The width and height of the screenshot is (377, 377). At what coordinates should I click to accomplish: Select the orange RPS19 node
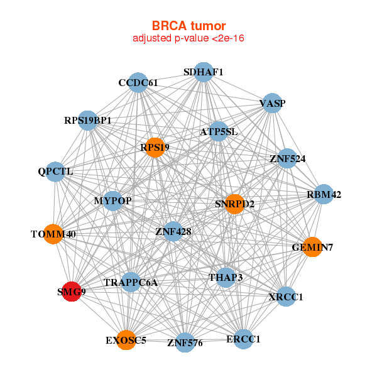154,148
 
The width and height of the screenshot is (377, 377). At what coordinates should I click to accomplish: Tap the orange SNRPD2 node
234,204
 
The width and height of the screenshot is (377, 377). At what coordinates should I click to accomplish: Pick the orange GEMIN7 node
312,247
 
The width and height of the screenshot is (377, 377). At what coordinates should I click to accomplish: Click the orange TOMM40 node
53,234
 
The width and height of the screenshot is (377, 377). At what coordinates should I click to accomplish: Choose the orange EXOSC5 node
126,340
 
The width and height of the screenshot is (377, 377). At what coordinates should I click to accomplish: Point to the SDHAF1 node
203,72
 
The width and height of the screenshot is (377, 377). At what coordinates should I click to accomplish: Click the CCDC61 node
138,83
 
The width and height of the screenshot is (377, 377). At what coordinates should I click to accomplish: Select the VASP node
271,103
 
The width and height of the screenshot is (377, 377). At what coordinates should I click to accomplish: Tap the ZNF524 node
287,159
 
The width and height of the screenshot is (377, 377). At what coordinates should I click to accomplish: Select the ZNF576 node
185,342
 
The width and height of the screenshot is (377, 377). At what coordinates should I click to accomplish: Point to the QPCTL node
55,172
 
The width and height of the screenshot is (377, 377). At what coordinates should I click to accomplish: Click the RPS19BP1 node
88,120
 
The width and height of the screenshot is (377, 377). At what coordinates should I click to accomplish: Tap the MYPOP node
112,201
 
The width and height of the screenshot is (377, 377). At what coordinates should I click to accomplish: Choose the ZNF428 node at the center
173,232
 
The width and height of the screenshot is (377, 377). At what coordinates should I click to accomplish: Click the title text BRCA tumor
188,26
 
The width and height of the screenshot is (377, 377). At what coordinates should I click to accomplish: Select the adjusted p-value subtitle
188,38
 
